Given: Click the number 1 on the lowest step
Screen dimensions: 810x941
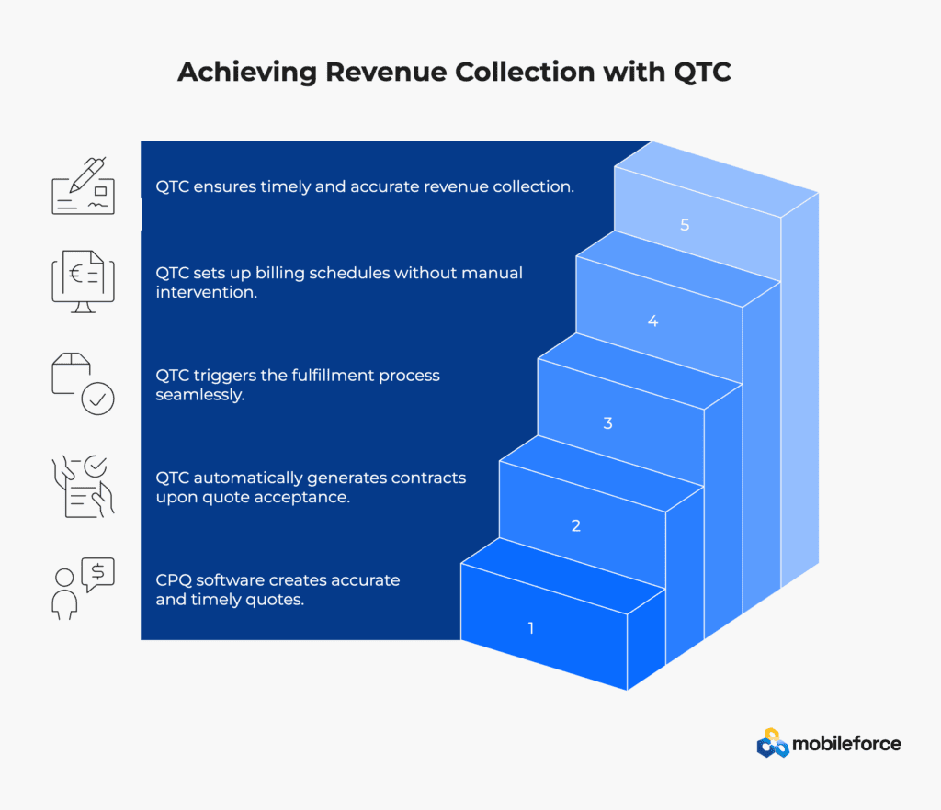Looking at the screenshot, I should point(531,629).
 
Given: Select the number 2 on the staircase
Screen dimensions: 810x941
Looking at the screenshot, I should point(576,526).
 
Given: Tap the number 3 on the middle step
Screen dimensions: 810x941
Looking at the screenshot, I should point(608,424).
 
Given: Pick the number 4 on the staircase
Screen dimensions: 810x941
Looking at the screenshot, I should point(653,321).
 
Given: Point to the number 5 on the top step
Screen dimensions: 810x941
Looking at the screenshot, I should point(686,224).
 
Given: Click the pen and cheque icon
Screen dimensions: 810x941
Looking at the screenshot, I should point(83,186).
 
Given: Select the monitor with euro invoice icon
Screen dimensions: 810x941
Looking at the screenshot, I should point(83,281).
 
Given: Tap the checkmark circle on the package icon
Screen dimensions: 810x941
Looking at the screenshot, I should point(97,399).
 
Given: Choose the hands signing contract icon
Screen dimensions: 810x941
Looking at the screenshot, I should point(83,486).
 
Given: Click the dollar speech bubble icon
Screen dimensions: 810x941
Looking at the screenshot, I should point(97,572).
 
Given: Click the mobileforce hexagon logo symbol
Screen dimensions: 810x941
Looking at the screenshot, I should point(773,743).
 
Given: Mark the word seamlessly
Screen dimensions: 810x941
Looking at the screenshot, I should point(199,396).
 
